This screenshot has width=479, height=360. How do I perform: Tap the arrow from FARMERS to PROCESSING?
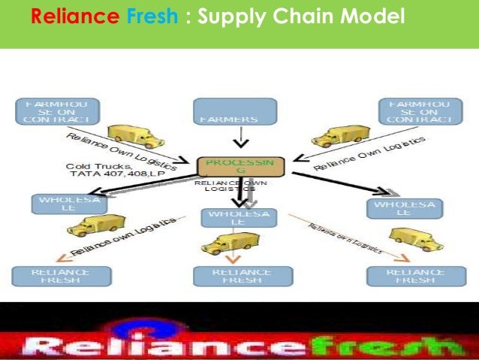pyautogui.click(x=237, y=139)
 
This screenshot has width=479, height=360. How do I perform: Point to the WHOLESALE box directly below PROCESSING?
pyautogui.click(x=237, y=218)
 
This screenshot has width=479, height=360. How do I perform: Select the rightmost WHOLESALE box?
pyautogui.click(x=404, y=208)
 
